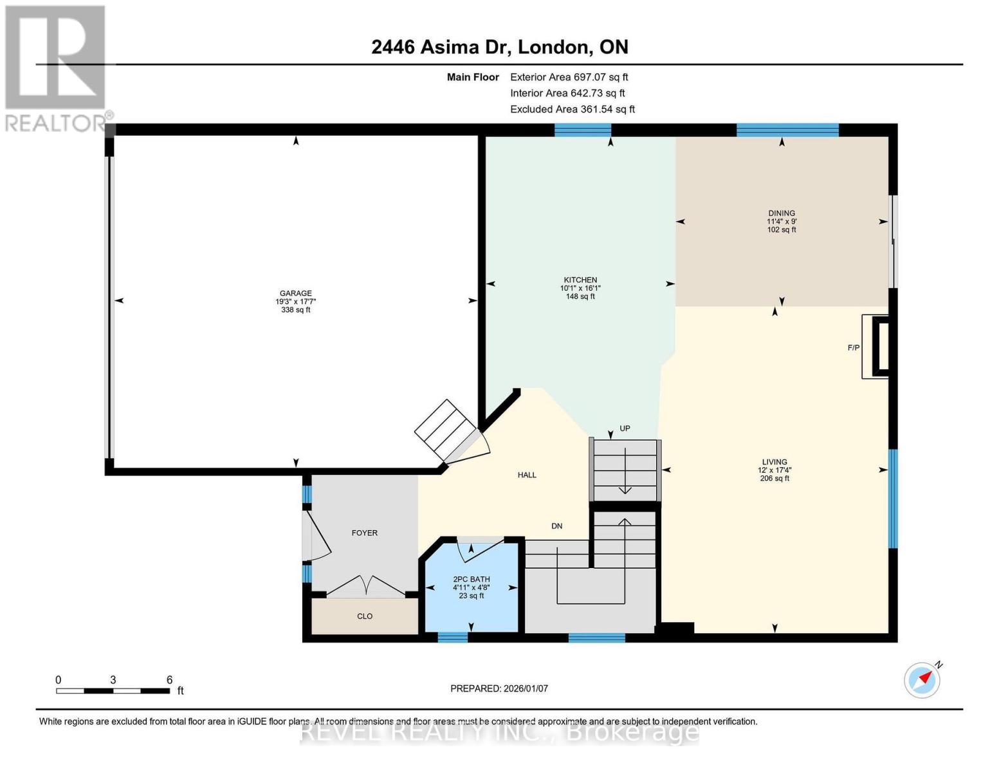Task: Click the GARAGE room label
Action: pyautogui.click(x=295, y=293)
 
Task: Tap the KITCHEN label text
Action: pyautogui.click(x=580, y=280)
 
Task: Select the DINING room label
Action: pyautogui.click(x=782, y=213)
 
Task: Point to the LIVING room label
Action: pyautogui.click(x=774, y=462)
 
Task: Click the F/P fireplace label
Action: pyautogui.click(x=853, y=348)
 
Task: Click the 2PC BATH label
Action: pyautogui.click(x=471, y=579)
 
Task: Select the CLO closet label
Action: pyautogui.click(x=365, y=616)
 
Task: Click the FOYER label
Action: pyautogui.click(x=364, y=533)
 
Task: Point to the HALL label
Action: pyautogui.click(x=527, y=475)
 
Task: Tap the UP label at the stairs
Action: pyautogui.click(x=625, y=428)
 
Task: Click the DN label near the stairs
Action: pyautogui.click(x=557, y=526)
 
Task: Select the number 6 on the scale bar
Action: pyautogui.click(x=169, y=680)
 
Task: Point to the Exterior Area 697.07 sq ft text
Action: pyautogui.click(x=569, y=77)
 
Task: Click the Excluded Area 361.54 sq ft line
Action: pyautogui.click(x=572, y=109)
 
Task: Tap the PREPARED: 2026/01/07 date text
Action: pyautogui.click(x=499, y=688)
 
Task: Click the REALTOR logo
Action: pyautogui.click(x=55, y=68)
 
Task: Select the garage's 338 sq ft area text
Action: pyautogui.click(x=295, y=310)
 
